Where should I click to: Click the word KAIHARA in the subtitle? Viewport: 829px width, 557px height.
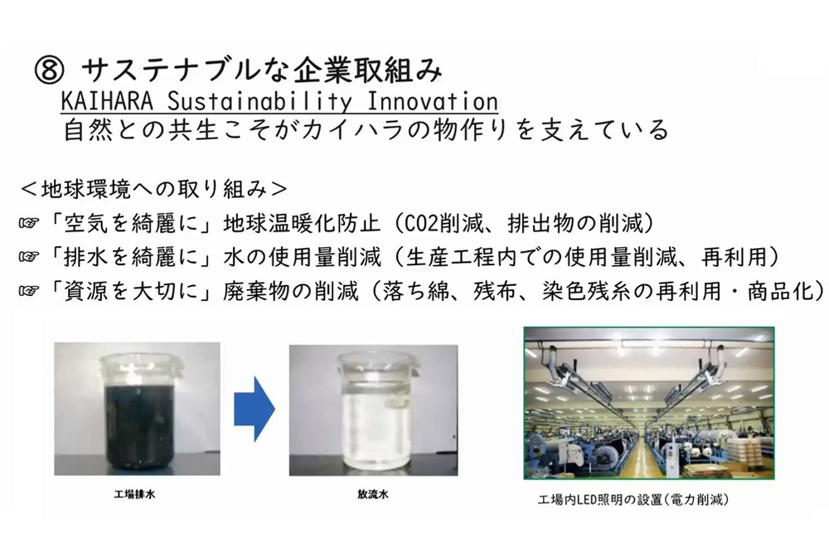107,101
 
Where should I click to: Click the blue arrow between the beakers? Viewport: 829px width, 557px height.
255,409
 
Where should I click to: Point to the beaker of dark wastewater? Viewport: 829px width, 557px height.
138,411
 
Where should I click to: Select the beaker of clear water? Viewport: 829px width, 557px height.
373,410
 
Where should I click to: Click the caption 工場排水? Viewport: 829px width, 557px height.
135,495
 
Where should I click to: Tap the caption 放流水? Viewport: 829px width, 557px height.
373,495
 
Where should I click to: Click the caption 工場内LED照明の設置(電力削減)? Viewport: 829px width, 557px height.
633,500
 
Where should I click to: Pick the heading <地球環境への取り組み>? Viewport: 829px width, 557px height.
154,190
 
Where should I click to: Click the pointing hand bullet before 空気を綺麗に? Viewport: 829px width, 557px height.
29,224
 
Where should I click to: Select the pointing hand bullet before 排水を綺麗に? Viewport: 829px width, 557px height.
29,257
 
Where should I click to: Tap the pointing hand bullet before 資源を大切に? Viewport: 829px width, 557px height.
29,291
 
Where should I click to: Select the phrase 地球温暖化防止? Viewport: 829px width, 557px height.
302,224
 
